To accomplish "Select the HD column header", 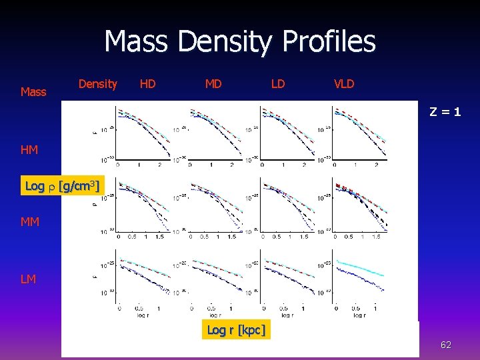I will (x=147, y=84).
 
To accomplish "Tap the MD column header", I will (x=213, y=84).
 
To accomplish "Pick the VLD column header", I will (x=344, y=84).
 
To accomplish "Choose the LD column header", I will (x=278, y=84).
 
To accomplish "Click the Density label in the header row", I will (x=97, y=84).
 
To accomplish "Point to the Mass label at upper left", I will (x=33, y=91).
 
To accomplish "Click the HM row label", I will (x=29, y=151).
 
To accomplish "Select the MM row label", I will (x=30, y=221).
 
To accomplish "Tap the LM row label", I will (x=29, y=279).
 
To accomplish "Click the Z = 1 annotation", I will (x=444, y=112).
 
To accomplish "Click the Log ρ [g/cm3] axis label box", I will (x=62, y=186).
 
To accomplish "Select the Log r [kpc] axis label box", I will (x=236, y=330).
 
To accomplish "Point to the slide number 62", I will (x=445, y=345).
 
